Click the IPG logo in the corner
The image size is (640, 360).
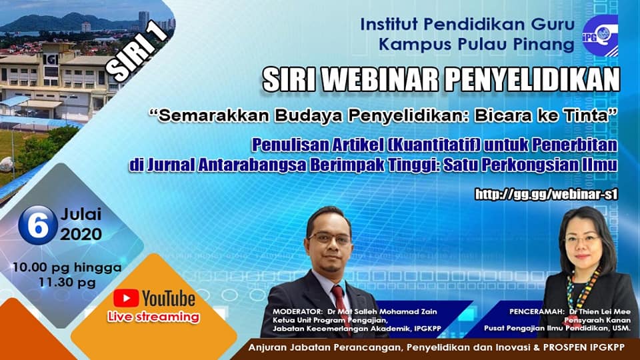coord(599,35)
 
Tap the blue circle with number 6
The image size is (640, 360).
coord(38,225)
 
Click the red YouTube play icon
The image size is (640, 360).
coord(126,299)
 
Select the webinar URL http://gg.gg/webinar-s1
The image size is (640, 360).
coord(546,194)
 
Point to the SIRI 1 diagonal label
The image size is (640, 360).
coord(137,51)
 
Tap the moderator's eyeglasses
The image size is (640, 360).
coord(330,239)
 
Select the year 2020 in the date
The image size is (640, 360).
coord(81,234)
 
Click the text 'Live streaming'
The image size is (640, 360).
coord(153,317)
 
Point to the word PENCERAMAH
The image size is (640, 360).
coord(531,311)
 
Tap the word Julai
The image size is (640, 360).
coord(81,214)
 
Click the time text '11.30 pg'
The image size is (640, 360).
coord(67,283)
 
